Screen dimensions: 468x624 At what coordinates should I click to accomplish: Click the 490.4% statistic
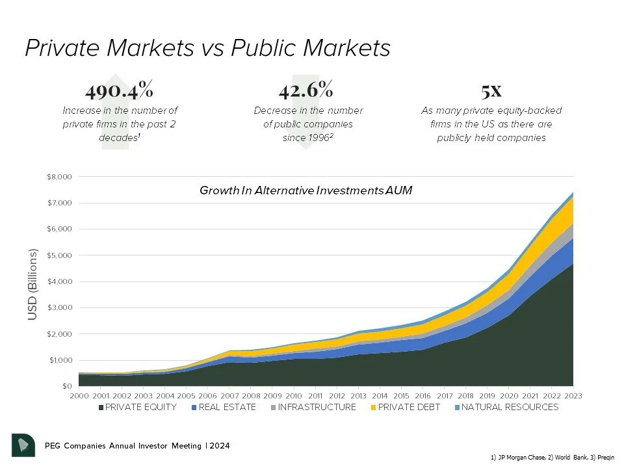tap(120, 89)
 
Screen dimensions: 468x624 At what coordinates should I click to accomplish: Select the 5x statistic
tap(491, 89)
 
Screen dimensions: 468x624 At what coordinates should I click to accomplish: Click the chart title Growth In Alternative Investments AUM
tap(306, 190)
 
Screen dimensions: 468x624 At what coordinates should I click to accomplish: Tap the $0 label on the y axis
tap(66, 386)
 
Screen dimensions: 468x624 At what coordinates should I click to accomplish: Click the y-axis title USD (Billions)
tap(33, 284)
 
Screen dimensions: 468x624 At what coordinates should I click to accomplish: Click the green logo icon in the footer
tap(23, 445)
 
